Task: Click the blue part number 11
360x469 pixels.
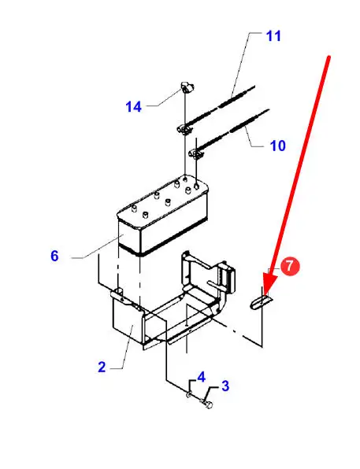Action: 273,36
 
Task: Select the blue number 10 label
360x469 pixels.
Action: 277,146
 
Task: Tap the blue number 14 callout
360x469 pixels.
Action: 133,107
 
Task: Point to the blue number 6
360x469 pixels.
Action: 54,256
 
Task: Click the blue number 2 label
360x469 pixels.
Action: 102,367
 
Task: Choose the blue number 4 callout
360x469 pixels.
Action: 202,377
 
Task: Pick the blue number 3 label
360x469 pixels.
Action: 225,386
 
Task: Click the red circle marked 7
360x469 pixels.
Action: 289,266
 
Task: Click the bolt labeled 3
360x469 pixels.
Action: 207,404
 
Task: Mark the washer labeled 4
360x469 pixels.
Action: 189,395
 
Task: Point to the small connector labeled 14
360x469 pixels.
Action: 187,88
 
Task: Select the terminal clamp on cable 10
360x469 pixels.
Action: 196,154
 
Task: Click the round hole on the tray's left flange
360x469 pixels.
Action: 119,290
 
